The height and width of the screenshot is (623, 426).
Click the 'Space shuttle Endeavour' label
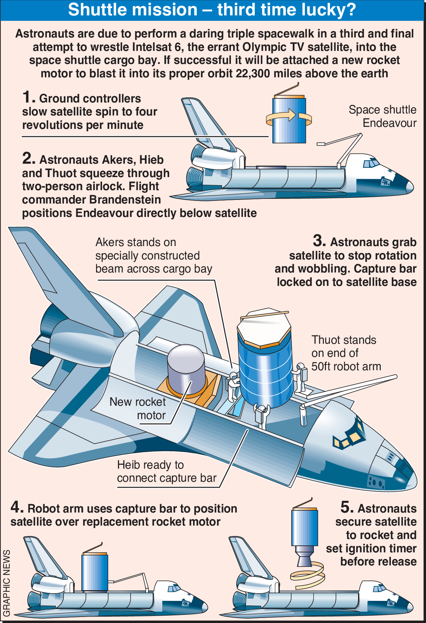[382, 116]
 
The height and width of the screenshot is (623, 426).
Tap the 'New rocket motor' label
[138, 408]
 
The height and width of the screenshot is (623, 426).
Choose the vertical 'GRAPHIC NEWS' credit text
[6, 582]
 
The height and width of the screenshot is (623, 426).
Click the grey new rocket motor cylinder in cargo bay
[186, 370]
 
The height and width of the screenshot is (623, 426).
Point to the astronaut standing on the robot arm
[301, 377]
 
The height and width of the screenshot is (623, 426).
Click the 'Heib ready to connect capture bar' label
[167, 471]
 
